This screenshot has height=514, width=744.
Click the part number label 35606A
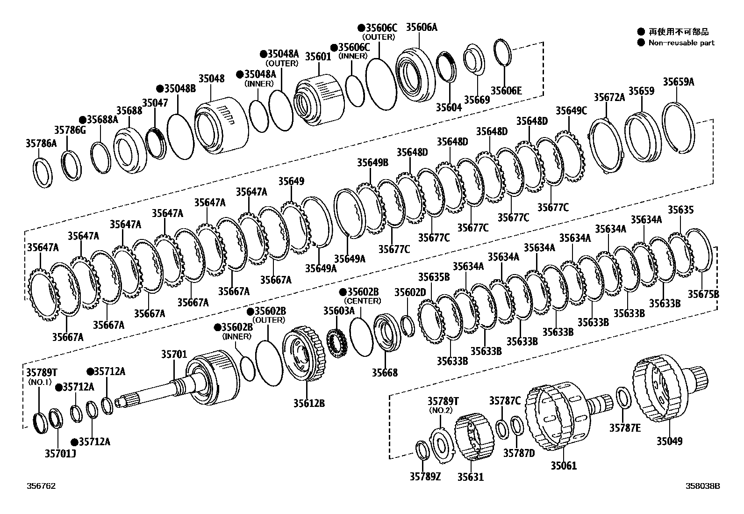tap(421, 27)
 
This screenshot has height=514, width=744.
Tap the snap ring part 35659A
tap(679, 127)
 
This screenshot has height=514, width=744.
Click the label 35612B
tap(309, 403)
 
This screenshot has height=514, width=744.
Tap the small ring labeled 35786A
tap(44, 173)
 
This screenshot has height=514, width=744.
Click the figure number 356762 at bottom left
tap(41, 486)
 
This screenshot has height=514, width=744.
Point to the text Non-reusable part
tap(681, 43)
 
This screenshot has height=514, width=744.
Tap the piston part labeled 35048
tap(220, 126)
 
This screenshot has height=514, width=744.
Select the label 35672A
tap(609, 97)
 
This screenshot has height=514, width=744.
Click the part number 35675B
tap(703, 294)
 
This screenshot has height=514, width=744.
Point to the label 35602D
tap(410, 292)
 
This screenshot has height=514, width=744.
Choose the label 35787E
tap(625, 427)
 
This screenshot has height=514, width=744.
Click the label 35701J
tap(60, 453)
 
